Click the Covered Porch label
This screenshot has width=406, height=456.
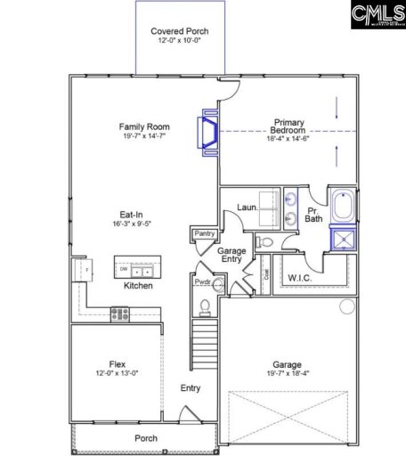(x=175, y=30)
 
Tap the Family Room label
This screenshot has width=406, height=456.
(x=145, y=126)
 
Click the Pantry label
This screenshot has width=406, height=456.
(x=203, y=233)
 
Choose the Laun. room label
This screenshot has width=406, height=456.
(x=247, y=208)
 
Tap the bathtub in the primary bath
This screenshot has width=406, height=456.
(x=342, y=205)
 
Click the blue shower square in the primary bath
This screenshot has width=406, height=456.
(x=342, y=238)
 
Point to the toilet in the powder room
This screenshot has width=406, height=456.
(x=206, y=307)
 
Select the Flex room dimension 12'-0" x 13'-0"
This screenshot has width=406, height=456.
(x=117, y=374)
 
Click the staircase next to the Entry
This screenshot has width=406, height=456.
(x=204, y=343)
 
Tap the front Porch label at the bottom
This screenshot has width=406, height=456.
(x=145, y=438)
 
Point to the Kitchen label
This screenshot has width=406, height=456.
(x=138, y=286)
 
